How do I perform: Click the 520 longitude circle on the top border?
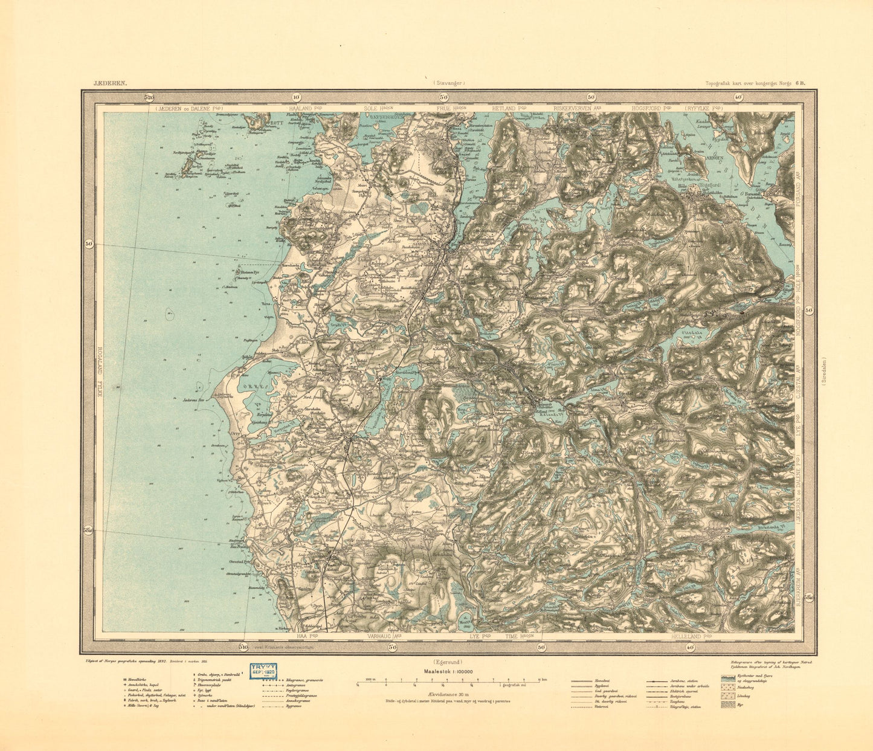pos(149,97)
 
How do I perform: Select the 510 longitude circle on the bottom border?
pos(243,647)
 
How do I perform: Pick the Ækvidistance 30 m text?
pos(448,695)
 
